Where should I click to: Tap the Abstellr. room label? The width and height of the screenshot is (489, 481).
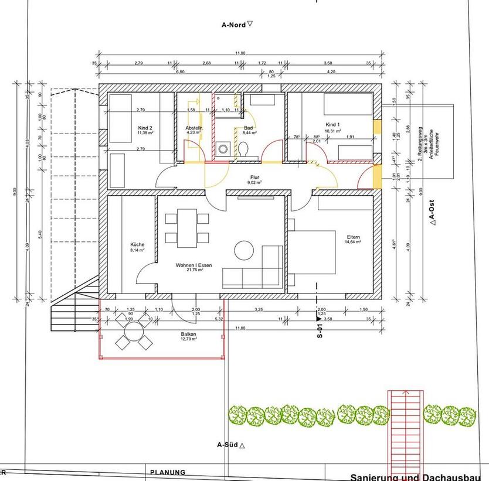pyautogui.click(x=193, y=127)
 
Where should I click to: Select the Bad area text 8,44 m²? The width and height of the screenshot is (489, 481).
pyautogui.click(x=248, y=132)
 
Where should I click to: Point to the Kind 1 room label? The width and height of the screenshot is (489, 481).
pyautogui.click(x=333, y=125)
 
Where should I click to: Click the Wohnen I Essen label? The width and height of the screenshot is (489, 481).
pyautogui.click(x=193, y=265)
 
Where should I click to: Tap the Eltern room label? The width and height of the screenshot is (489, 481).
pyautogui.click(x=353, y=236)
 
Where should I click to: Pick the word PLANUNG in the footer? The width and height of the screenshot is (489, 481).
pyautogui.click(x=168, y=472)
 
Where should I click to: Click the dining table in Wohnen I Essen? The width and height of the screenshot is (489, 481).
pyautogui.click(x=187, y=228)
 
